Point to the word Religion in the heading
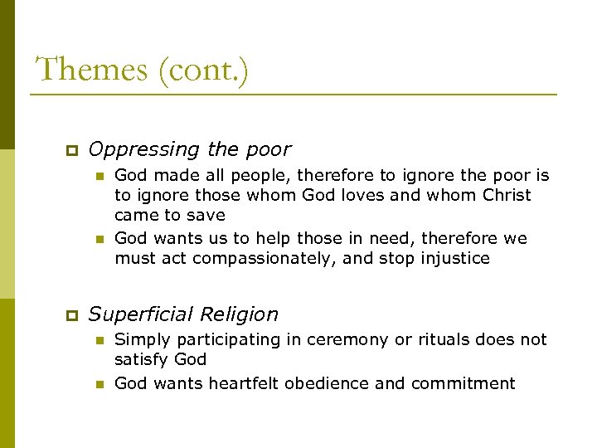(x=237, y=315)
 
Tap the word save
(x=207, y=216)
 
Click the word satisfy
(x=141, y=360)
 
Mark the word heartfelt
(x=250, y=383)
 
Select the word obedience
(x=337, y=383)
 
